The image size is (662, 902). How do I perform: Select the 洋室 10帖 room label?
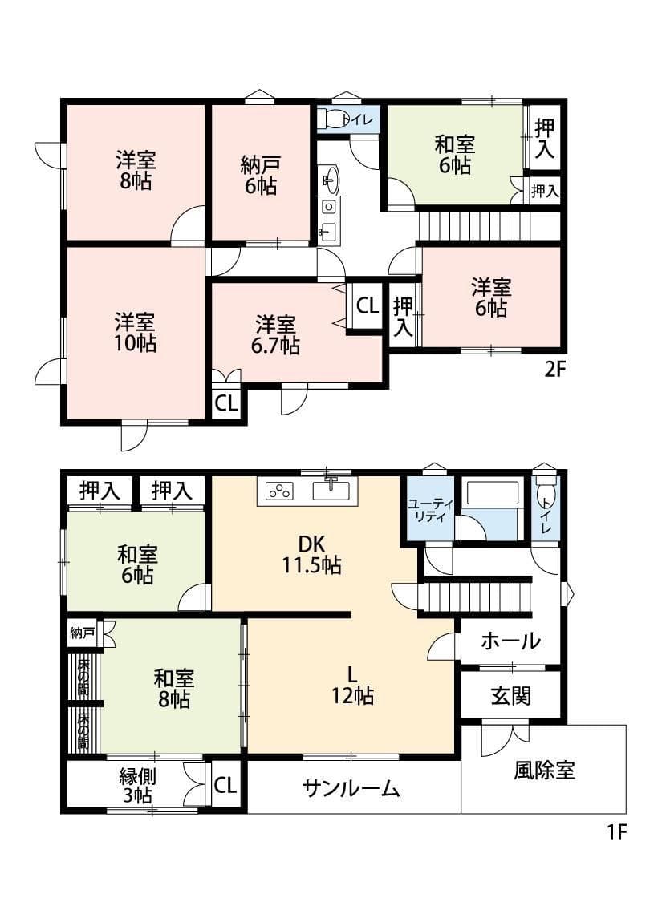tap(134, 333)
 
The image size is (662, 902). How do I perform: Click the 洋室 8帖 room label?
tap(135, 170)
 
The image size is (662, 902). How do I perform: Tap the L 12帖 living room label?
tap(352, 686)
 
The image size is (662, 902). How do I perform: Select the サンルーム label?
tap(351, 789)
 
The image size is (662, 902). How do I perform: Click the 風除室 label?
tap(543, 771)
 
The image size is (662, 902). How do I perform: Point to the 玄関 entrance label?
tap(510, 695)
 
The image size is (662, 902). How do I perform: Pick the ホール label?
tap(510, 641)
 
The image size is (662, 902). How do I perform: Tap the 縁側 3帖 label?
tap(137, 786)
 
